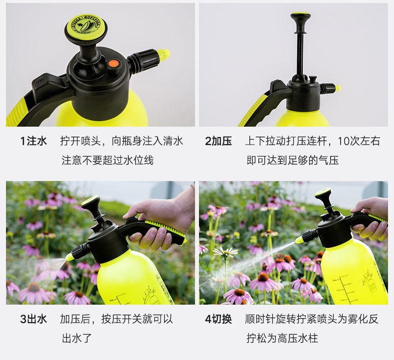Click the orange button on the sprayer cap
[113, 64]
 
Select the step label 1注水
[33, 141]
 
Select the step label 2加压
[218, 141]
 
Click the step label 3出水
[33, 319]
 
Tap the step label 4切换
[218, 319]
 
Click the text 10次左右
[359, 141]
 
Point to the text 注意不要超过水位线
[108, 160]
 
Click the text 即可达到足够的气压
[292, 160]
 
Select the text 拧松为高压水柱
[282, 338]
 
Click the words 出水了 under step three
[76, 338]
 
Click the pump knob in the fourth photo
[323, 193]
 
